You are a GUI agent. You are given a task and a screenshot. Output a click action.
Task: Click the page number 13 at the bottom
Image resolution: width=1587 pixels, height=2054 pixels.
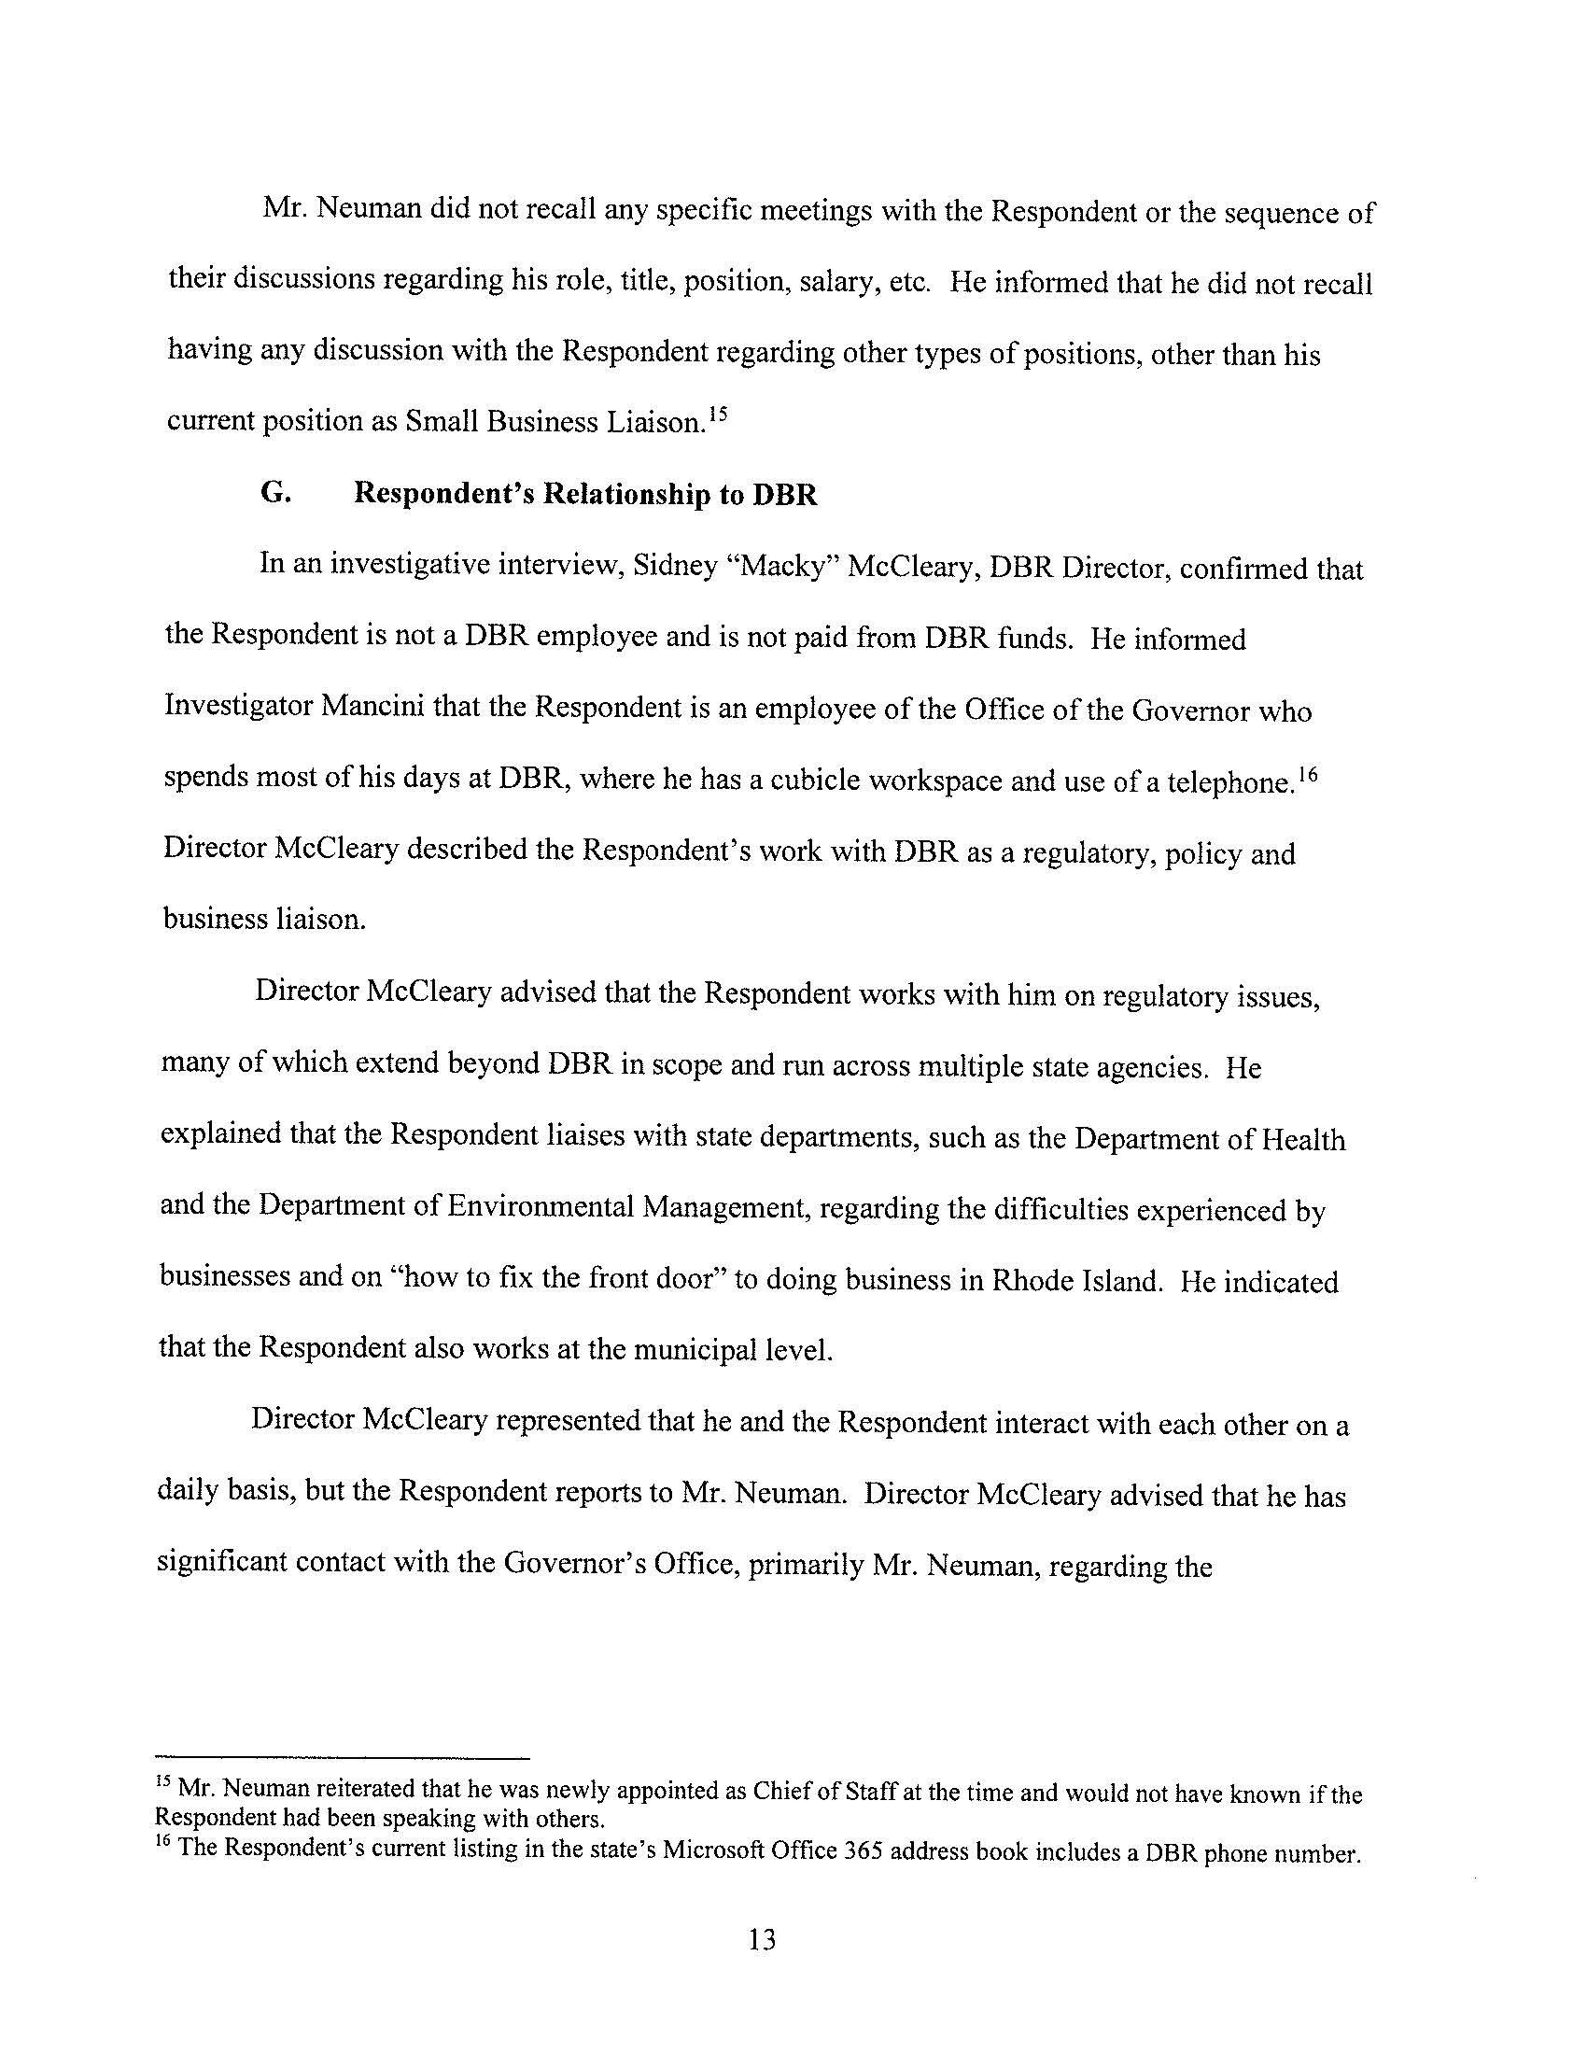coord(763,1938)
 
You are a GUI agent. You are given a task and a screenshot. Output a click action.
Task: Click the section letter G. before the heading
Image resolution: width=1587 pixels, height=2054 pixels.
coord(274,494)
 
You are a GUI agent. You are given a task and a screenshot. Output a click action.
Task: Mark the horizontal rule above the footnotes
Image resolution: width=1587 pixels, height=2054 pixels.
coord(344,1757)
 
